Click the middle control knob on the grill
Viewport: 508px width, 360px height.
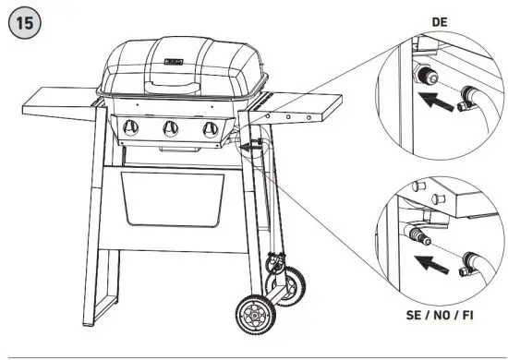pos(170,128)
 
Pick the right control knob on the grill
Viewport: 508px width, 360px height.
pos(210,128)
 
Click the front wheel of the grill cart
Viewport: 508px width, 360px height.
pos(254,314)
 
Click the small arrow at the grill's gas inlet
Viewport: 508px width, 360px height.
pos(248,145)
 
